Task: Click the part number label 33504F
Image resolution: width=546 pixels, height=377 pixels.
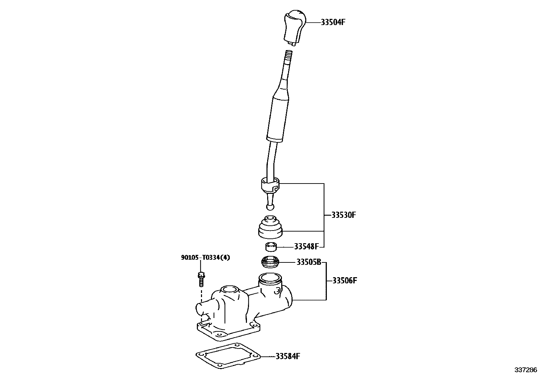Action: tap(333, 23)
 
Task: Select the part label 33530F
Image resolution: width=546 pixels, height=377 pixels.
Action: tap(344, 215)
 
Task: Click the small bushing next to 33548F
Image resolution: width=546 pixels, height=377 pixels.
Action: tap(270, 247)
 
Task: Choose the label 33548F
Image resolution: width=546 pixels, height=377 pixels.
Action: tap(306, 247)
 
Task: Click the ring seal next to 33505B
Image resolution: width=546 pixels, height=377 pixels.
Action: tap(270, 263)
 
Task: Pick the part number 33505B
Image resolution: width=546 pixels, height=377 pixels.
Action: tap(309, 263)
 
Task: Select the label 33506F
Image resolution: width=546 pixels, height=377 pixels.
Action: tap(345, 281)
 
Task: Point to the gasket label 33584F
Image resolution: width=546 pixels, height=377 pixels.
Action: tap(288, 356)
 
